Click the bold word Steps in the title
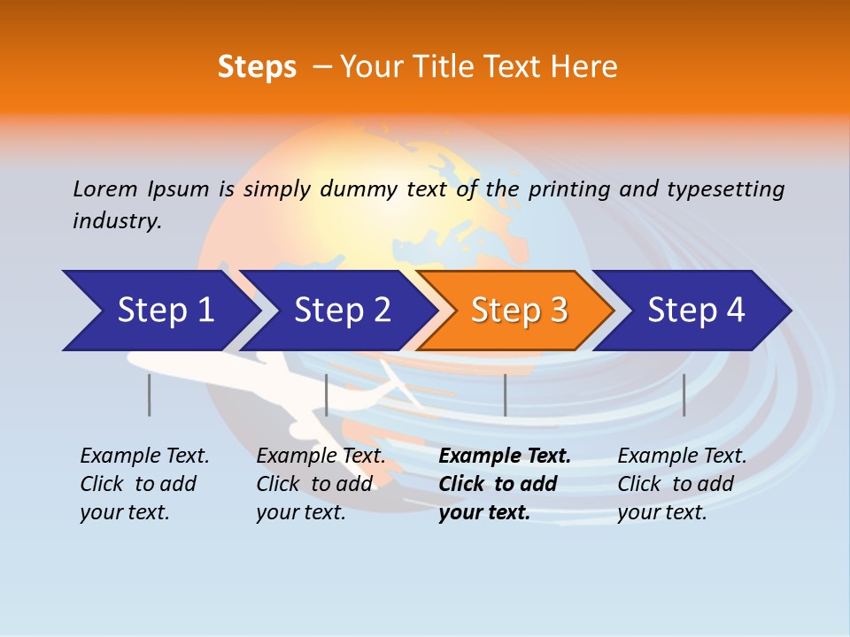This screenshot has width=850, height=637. [257, 67]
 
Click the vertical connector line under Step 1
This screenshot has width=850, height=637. [150, 395]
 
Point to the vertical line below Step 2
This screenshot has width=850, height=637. [327, 395]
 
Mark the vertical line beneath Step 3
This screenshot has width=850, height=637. [505, 395]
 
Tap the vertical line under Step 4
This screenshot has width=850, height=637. [684, 395]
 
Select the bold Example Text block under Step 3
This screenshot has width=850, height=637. [505, 484]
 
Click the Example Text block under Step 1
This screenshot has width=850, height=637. [144, 484]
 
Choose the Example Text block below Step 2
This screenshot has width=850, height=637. [321, 484]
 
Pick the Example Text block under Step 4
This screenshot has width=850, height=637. [682, 484]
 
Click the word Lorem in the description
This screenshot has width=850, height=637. [105, 188]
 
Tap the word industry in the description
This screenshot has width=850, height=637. [117, 221]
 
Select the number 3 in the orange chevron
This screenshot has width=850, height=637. [558, 311]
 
